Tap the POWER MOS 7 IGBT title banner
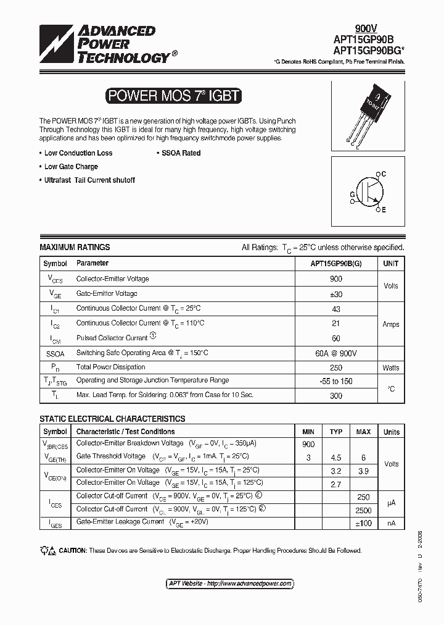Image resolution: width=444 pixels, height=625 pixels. [173, 96]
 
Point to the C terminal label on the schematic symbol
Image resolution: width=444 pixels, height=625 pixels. [383, 175]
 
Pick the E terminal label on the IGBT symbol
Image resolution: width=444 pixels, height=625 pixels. [383, 210]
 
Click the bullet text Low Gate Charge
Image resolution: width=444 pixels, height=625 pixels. [71, 167]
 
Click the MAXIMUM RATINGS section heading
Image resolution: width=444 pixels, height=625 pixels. [75, 247]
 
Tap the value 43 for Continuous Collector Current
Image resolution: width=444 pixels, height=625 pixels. [336, 308]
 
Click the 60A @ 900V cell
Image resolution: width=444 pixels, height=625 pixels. [336, 353]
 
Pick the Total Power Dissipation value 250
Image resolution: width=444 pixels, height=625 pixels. [336, 367]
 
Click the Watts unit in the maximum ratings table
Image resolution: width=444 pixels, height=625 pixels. [390, 367]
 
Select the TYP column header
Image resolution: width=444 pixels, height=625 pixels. [336, 432]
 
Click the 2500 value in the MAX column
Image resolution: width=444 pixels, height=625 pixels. [364, 510]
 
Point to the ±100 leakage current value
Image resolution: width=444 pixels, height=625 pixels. [364, 523]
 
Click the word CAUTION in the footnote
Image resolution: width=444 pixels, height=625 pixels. [73, 550]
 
